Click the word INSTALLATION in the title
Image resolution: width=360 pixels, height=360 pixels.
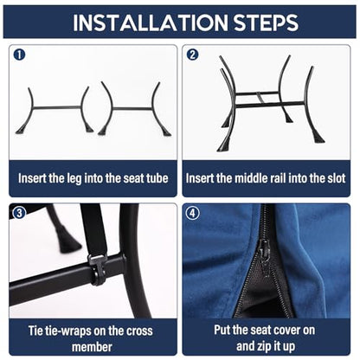[x=151, y=22]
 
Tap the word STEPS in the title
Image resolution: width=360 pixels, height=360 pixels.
[x=266, y=22]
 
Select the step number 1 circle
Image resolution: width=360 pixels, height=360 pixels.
[x=19, y=55]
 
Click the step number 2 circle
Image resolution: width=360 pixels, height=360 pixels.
[x=193, y=55]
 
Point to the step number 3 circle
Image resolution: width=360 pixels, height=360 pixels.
[x=19, y=214]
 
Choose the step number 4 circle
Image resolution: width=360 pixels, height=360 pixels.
[x=193, y=214]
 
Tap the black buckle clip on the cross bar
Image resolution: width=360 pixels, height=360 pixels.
[x=98, y=269]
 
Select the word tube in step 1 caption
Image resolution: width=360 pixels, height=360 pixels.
[x=157, y=178]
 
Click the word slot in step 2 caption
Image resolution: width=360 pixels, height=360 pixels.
[x=336, y=178]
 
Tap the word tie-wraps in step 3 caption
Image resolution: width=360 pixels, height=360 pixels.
[x=67, y=331]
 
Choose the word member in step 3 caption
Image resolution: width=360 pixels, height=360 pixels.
[x=92, y=347]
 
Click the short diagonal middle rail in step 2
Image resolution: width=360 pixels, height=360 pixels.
[x=260, y=97]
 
